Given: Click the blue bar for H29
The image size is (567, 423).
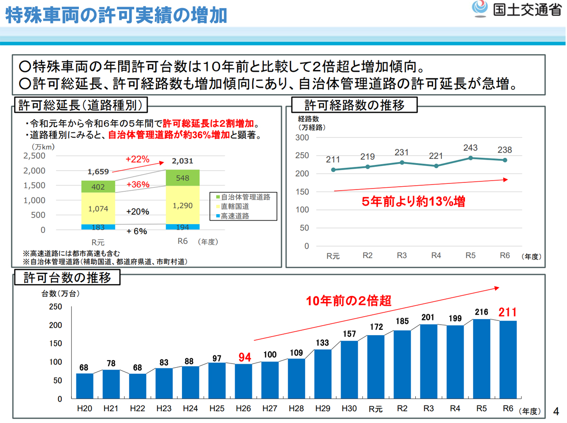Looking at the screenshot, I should pos(323,374).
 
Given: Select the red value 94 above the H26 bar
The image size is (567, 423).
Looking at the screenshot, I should pos(244,357).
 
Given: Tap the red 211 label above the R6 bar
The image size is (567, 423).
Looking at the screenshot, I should pos(508,312).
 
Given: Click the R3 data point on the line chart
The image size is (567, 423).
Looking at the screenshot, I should pos(402,163).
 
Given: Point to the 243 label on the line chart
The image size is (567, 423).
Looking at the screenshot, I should pos(470,148).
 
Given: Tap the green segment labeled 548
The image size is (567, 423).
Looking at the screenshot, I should pos(182,178).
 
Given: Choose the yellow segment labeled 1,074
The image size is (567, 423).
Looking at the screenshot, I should pos(98,208).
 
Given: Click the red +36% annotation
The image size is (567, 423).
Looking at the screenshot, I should pos(138,184).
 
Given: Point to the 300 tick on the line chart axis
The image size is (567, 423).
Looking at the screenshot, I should pos(302,138).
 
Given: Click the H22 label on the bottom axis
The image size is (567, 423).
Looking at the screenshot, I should pos(137,409).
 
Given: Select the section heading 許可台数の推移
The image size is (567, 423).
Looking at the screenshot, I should pos(68,277).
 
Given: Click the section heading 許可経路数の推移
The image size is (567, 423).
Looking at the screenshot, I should pos(354,105).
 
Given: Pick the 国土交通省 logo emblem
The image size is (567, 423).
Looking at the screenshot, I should pos(480,9).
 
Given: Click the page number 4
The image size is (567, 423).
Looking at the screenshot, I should pos(556,410).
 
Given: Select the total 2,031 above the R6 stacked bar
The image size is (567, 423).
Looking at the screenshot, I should pos(182,161).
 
